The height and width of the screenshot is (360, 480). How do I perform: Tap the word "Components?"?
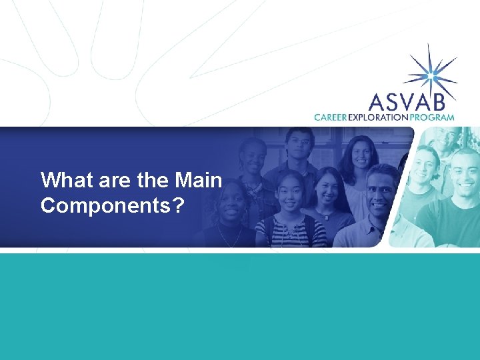coord(112,206)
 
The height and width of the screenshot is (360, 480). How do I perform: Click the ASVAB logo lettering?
coord(412,101)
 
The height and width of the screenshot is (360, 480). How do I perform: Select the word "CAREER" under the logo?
coord(331,117)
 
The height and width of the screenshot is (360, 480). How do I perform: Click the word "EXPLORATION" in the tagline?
coord(380,117)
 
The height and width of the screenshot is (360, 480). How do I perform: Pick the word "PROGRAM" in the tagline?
coord(433,117)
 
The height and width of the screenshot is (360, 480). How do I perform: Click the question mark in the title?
coord(177,206)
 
